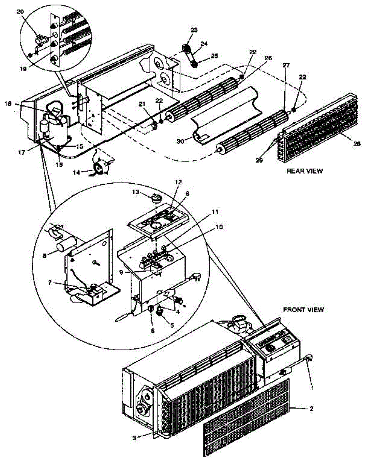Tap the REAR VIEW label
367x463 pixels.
pos(305,171)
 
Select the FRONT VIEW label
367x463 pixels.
pos(304,309)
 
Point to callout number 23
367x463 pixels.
pos(194,30)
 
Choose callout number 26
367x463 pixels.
pos(268,58)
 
